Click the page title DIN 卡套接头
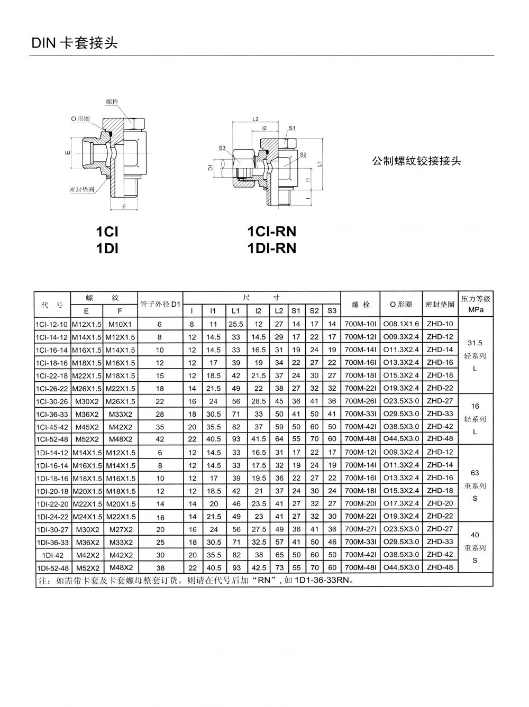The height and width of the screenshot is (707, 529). pos(75,43)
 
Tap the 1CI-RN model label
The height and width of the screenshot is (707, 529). pos(271,232)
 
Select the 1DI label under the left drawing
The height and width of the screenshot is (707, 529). pos(107,248)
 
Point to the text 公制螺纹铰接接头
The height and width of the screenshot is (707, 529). pos(416,161)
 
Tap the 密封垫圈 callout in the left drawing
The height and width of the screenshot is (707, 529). pos(81,189)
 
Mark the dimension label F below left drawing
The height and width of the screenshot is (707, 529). pos(124,207)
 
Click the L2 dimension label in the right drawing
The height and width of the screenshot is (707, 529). pos(256,120)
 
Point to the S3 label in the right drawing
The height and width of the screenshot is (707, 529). pos(222,148)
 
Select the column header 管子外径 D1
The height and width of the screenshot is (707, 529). pos(160,305)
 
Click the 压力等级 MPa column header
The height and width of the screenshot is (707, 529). pos(476,304)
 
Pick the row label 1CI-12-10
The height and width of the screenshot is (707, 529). pos(51,324)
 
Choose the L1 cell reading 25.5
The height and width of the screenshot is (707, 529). pos(236,324)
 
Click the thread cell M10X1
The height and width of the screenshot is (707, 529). pos(120,324)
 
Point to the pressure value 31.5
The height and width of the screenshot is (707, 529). pos(475,343)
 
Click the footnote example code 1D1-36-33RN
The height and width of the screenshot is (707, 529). pos(321,580)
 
